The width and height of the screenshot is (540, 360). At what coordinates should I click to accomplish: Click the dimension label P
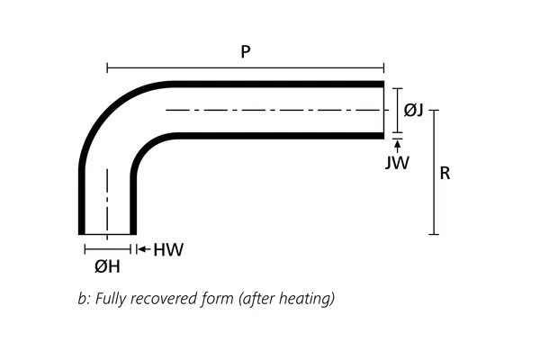click(x=245, y=52)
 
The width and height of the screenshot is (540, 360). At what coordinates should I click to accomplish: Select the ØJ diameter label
click(x=414, y=110)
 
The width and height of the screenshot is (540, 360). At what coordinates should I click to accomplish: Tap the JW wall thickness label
click(x=397, y=163)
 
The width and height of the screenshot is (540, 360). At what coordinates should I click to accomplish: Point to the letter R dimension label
click(x=445, y=173)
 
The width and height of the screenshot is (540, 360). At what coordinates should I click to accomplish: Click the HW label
click(x=168, y=249)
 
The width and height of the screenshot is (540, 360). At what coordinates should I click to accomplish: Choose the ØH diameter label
click(x=107, y=266)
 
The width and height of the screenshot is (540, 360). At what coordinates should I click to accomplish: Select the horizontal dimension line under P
click(x=245, y=67)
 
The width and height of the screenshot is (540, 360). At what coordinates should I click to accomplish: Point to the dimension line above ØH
click(x=108, y=249)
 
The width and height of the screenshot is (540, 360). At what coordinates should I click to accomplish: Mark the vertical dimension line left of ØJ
click(x=397, y=110)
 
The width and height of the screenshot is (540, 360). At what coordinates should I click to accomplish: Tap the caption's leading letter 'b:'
click(x=84, y=298)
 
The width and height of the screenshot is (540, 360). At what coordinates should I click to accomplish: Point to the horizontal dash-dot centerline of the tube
click(x=270, y=111)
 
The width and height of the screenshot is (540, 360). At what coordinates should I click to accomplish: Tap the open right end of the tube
click(x=384, y=111)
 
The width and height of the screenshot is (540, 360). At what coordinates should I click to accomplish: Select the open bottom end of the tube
click(x=107, y=233)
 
